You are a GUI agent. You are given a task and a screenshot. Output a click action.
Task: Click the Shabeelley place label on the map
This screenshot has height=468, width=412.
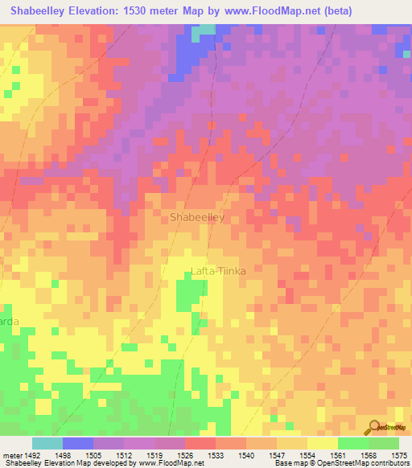click(x=196, y=218)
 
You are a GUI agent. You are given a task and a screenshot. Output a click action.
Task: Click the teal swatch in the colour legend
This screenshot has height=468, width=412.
click(x=47, y=443)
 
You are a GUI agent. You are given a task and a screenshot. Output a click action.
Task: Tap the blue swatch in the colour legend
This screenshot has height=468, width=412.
click(x=77, y=443)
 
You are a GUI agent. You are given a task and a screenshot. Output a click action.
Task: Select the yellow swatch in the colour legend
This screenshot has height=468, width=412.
click(x=322, y=443)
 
